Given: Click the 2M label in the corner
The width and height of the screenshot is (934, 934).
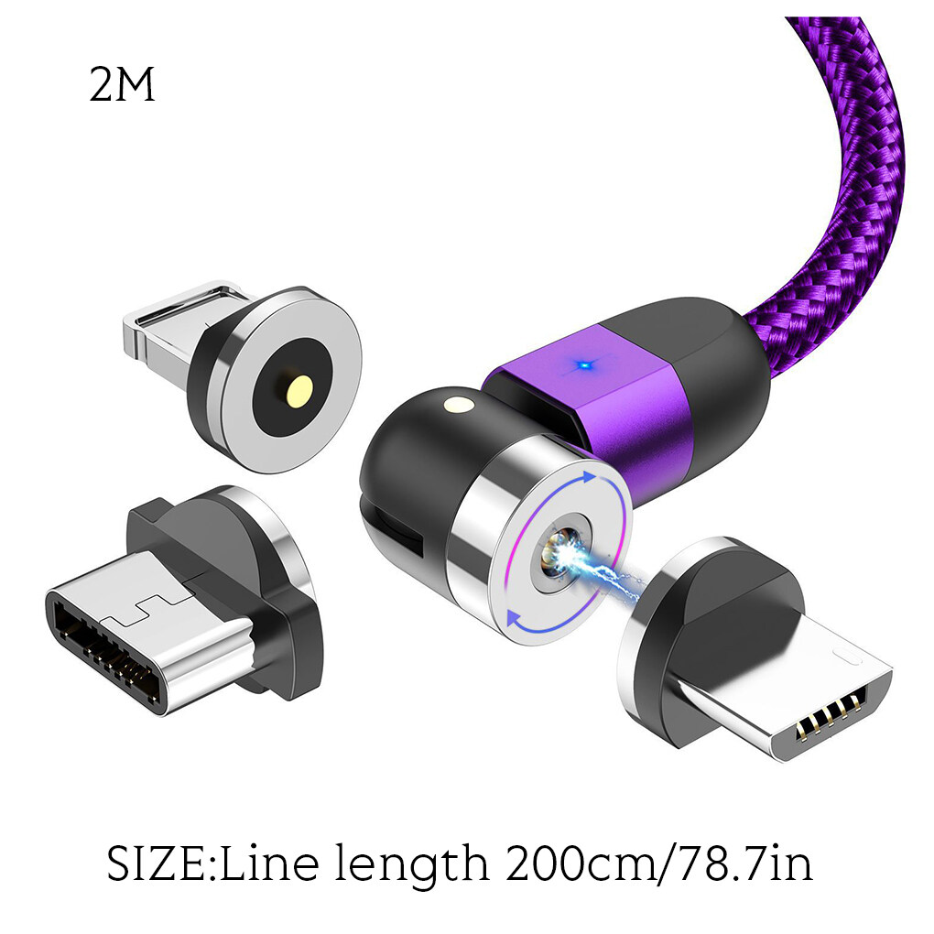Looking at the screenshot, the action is point(122,84).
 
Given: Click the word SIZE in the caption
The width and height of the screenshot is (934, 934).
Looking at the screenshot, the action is point(161,863).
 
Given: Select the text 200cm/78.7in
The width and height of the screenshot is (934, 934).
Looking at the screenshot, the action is point(659,863).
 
